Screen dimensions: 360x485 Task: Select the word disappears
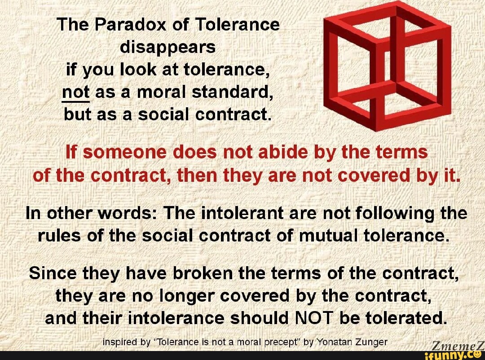coord(168,47)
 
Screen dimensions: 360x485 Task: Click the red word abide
coord(281,153)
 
